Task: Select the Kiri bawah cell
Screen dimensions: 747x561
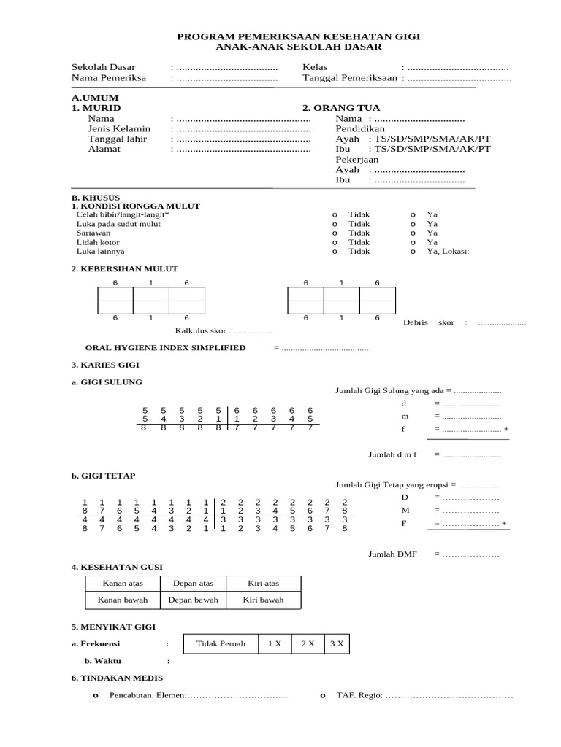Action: (x=263, y=600)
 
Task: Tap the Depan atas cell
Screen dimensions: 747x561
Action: (x=192, y=583)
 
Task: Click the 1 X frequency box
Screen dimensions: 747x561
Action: (x=274, y=643)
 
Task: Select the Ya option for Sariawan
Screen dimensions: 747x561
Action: (x=413, y=233)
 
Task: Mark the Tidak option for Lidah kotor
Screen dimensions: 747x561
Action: (x=335, y=242)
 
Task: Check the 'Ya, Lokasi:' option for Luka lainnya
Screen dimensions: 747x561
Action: (x=413, y=251)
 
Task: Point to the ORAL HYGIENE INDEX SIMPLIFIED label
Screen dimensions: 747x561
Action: (x=165, y=348)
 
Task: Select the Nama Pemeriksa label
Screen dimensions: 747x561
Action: (x=108, y=77)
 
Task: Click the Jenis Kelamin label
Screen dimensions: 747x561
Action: (x=119, y=128)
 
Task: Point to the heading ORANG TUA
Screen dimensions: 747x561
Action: (x=332, y=108)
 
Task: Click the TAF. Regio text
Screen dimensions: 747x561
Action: (x=359, y=696)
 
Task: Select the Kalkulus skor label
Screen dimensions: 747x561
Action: (x=202, y=330)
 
